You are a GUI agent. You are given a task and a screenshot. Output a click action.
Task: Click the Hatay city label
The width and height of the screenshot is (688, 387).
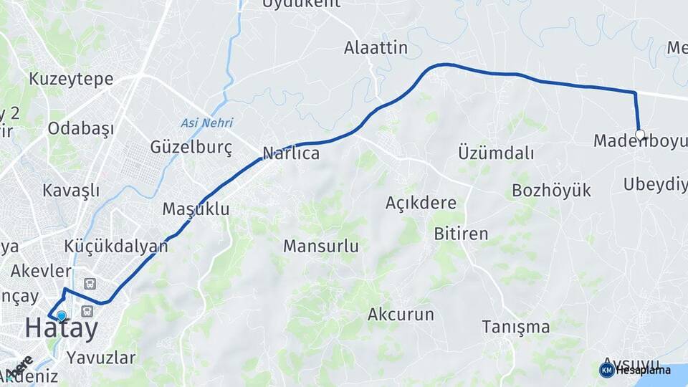(x=61, y=329)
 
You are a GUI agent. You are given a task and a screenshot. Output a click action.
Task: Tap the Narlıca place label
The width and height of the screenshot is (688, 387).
(x=291, y=153)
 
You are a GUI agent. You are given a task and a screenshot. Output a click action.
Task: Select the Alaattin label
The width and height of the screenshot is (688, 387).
(x=376, y=49)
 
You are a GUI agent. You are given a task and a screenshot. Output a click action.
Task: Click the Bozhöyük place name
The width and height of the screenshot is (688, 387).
(x=551, y=190)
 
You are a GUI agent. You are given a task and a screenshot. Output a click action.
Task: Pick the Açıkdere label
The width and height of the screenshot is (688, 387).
(x=421, y=203)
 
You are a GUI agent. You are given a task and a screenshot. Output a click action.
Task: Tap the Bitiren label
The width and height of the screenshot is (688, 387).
(x=461, y=234)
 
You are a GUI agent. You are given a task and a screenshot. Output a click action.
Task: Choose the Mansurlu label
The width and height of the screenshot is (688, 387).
(x=320, y=247)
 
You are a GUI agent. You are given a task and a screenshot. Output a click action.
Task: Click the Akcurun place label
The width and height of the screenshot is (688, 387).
(x=401, y=314)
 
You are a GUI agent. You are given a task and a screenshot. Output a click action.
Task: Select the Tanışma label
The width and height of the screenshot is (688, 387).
(x=515, y=328)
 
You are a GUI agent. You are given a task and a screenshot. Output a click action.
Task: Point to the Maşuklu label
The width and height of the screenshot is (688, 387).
(x=196, y=209)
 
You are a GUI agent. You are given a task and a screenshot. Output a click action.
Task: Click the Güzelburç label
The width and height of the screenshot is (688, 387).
(x=191, y=148)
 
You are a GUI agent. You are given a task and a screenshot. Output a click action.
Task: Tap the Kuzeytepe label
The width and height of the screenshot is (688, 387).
(x=71, y=79)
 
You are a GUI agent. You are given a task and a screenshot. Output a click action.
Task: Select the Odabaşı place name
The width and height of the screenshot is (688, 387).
(x=81, y=129)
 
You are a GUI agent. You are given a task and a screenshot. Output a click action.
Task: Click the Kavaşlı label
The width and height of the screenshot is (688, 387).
(x=71, y=191)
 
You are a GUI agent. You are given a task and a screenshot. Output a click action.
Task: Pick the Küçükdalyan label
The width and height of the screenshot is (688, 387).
(x=116, y=246)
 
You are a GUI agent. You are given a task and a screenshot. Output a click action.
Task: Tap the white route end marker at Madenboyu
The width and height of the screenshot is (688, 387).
(x=640, y=134)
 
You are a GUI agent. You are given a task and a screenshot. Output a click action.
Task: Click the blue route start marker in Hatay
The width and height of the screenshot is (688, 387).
(x=61, y=315)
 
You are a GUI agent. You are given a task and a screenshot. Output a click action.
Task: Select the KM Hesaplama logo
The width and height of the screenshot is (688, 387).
(x=634, y=370)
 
